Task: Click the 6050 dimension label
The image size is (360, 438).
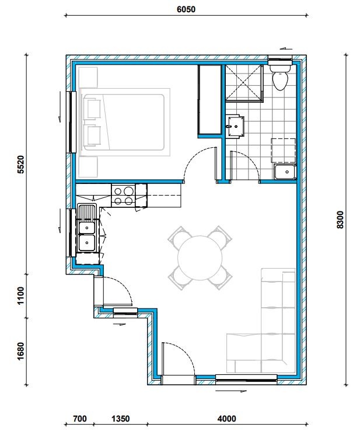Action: point(186,9)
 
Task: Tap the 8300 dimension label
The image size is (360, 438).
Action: point(341,220)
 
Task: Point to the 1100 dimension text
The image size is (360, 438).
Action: point(21,296)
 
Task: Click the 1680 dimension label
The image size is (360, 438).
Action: point(21,351)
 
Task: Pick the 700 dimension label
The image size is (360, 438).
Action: point(80,419)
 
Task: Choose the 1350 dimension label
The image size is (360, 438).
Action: point(121,419)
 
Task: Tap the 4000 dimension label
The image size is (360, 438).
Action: point(226,419)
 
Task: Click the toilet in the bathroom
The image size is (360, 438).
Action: point(280,77)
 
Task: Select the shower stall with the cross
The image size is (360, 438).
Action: point(244,83)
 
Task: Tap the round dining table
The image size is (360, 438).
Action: point(200,258)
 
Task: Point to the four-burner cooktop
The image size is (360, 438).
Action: point(123,196)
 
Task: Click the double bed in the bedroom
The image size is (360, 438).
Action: point(125,123)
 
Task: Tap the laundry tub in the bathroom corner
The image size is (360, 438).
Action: point(285,172)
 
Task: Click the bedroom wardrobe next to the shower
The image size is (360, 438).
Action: point(209,99)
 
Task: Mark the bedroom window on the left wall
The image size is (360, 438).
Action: point(72,122)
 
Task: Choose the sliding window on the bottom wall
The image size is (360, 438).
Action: point(246,379)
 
